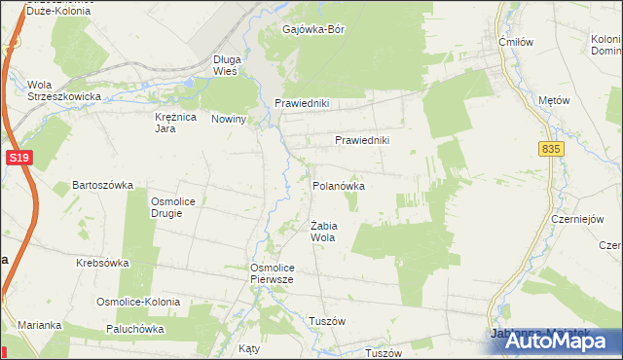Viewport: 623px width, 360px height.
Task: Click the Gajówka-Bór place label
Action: (312, 29)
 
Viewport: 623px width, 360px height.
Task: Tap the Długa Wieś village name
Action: (226, 65)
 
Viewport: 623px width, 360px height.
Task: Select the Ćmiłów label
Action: (512, 42)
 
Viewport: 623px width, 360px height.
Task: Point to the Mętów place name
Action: (553, 100)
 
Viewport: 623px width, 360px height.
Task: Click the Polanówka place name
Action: (338, 184)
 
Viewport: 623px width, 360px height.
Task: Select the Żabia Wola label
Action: (323, 232)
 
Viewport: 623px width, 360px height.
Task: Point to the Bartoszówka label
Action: (102, 185)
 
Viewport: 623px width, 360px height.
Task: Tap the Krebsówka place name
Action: (103, 263)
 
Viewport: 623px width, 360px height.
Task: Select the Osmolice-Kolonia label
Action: (137, 303)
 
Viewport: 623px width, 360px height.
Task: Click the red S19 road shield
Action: (17, 157)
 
